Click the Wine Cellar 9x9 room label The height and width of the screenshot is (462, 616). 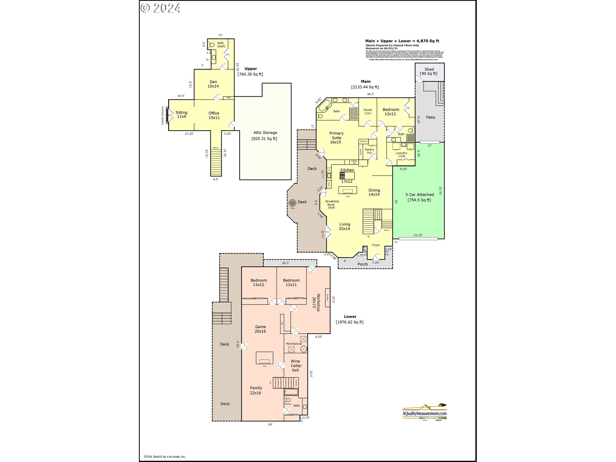(x=295, y=366)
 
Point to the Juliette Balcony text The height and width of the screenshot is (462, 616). (x=163, y=116)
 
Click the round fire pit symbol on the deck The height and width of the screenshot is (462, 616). (x=292, y=202)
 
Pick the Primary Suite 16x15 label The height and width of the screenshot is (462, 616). (x=336, y=138)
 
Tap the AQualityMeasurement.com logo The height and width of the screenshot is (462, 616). (x=424, y=412)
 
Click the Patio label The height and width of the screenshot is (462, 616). (x=431, y=117)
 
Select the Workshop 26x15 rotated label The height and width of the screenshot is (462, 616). (x=316, y=302)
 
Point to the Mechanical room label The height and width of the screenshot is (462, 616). (x=294, y=344)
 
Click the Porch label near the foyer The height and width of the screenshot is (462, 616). (x=363, y=264)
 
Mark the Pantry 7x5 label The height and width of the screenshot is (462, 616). (x=369, y=151)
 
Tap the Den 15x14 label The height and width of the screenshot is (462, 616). (x=213, y=84)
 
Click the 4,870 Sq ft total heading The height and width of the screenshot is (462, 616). (x=402, y=41)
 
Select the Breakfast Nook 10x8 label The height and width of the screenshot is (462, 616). (x=332, y=204)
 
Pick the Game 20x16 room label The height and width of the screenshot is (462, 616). (x=260, y=329)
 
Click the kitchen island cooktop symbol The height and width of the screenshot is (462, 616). (x=342, y=175)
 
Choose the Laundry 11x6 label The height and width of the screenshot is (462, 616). (x=401, y=155)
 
